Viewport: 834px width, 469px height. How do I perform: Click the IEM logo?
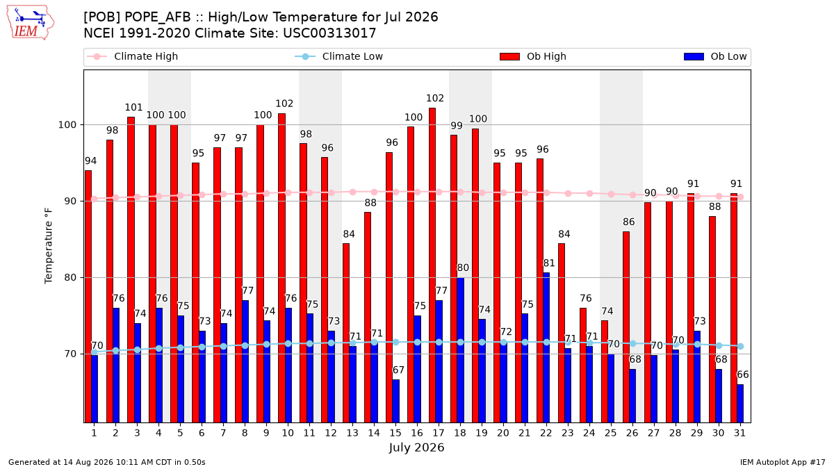(x=31, y=23)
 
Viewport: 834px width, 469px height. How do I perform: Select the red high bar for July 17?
(x=432, y=265)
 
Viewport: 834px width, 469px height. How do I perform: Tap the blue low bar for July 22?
(x=546, y=347)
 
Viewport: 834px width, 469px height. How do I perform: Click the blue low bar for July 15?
(x=395, y=401)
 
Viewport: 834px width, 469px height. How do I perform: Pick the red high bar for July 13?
(x=346, y=333)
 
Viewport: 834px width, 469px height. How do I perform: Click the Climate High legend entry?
(x=132, y=56)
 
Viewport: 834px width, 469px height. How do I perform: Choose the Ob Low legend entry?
(x=715, y=56)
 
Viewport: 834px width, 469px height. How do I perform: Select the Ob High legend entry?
(x=533, y=56)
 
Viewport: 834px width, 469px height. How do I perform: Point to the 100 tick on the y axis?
(x=67, y=124)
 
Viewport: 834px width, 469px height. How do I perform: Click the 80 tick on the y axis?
(x=70, y=278)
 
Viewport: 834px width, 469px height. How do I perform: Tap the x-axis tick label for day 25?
(x=611, y=433)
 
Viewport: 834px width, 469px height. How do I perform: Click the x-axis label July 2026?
(x=416, y=447)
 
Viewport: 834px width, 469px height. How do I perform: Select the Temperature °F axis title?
(x=49, y=246)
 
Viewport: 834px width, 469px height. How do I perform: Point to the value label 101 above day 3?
(x=133, y=108)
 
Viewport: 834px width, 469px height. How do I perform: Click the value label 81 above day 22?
(x=549, y=263)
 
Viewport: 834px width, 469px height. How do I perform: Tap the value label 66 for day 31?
(x=742, y=375)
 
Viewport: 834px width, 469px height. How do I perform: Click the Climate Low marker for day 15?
(x=395, y=342)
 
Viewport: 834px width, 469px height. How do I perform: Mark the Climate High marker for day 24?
(x=589, y=194)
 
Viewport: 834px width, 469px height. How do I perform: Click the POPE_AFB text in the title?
(x=158, y=17)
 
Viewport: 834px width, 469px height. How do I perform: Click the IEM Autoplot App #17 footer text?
(x=783, y=462)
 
